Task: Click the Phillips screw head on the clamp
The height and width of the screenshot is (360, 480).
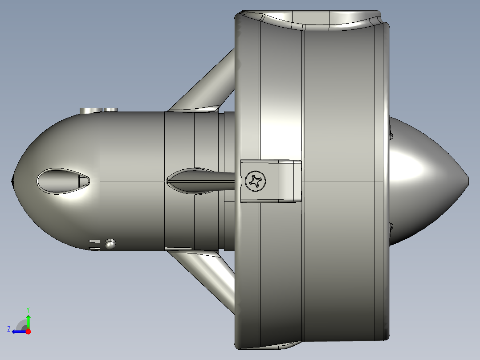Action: tap(256, 181)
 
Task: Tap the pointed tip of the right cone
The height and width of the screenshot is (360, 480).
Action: tap(467, 180)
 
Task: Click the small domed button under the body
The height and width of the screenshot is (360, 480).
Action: tap(110, 243)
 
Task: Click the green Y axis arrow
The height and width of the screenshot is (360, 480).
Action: tap(28, 320)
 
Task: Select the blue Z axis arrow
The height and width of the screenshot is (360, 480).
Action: tap(19, 331)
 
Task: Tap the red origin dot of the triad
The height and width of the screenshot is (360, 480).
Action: tap(28, 331)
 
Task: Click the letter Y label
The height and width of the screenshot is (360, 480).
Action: tap(28, 309)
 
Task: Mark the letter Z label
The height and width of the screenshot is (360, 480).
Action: tap(9, 329)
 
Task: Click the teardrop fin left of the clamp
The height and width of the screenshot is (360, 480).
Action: tap(196, 181)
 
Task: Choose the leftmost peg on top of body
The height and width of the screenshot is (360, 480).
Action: tap(89, 110)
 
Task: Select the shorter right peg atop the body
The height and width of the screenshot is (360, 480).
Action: tap(110, 110)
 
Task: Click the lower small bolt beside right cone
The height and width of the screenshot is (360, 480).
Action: tap(391, 226)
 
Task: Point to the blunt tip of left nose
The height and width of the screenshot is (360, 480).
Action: tap(12, 181)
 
